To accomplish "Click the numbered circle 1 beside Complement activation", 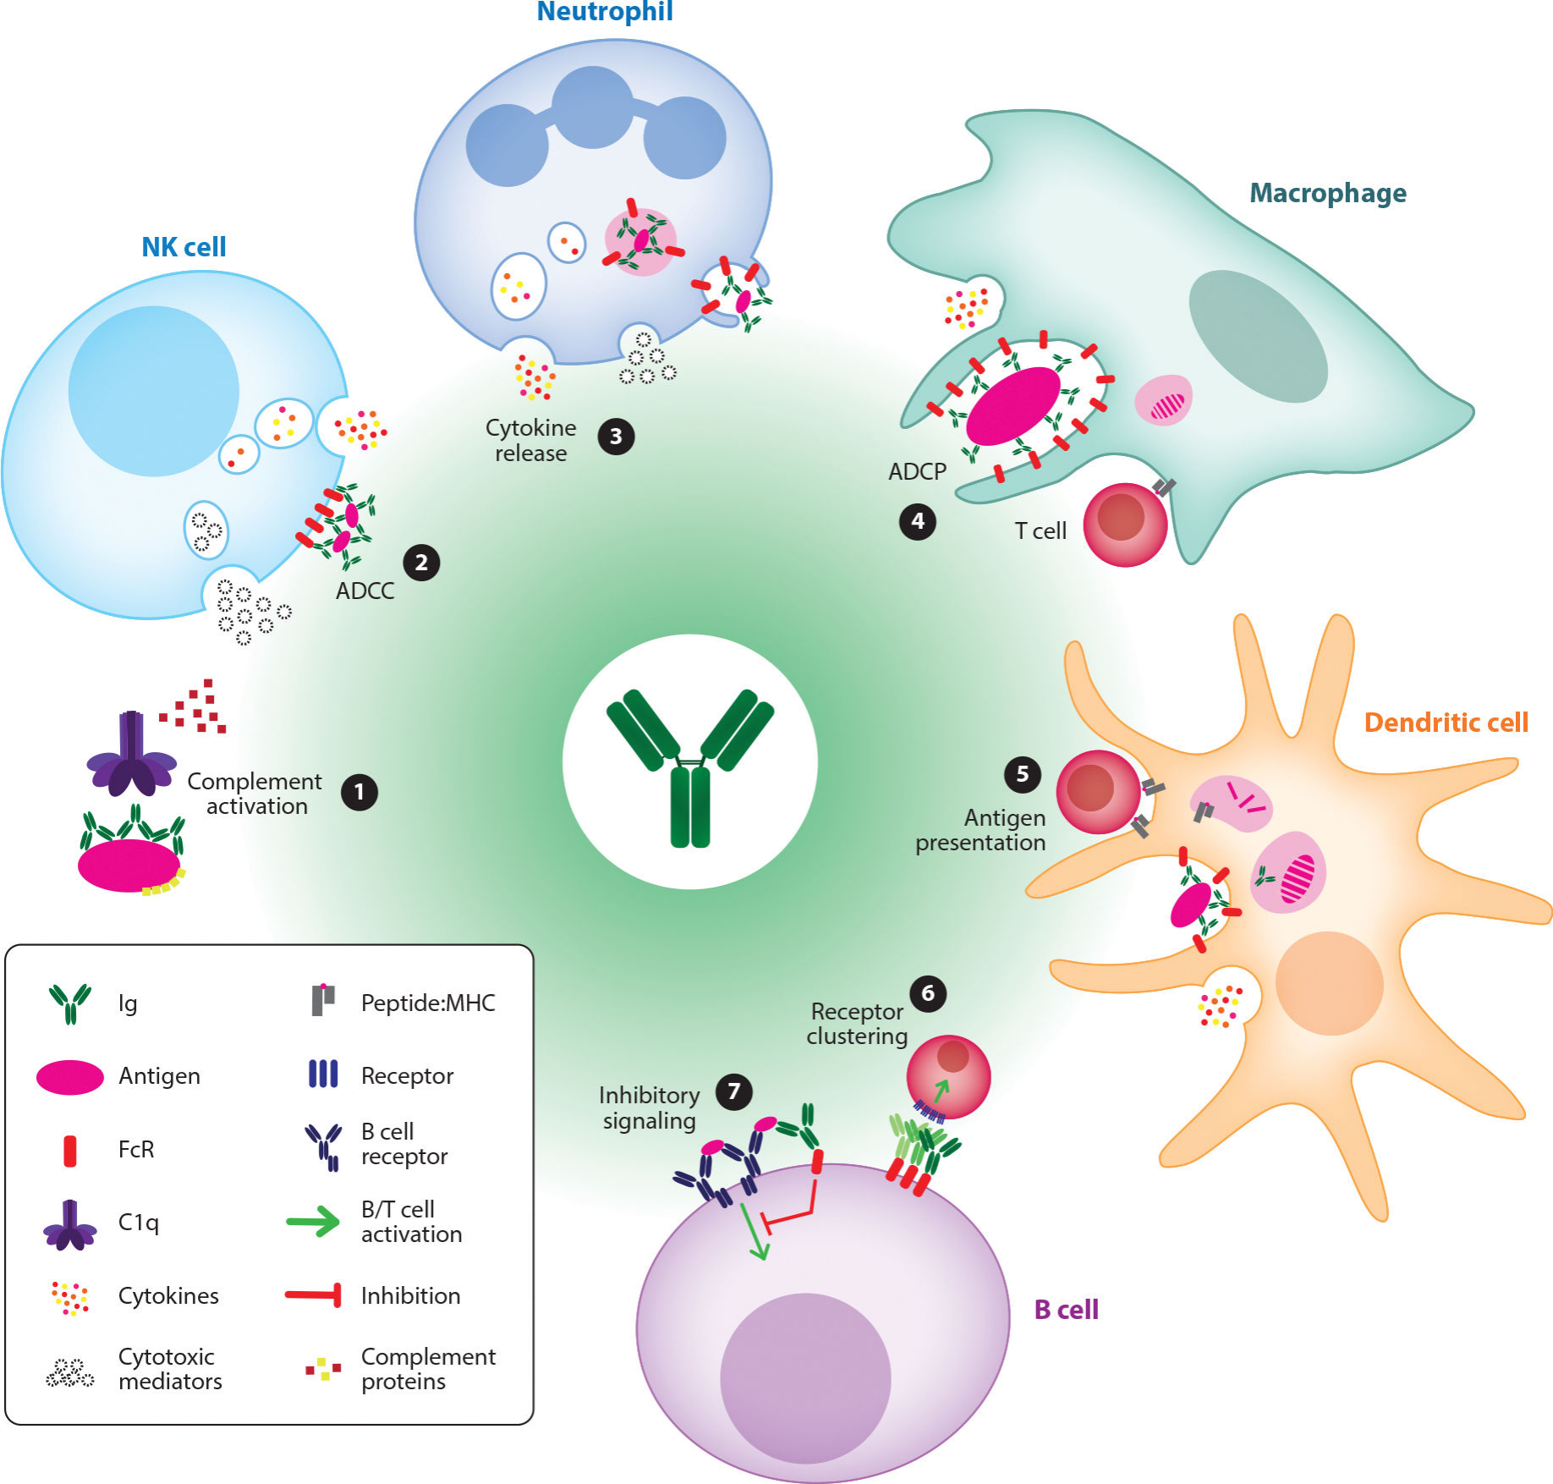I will coord(359,793).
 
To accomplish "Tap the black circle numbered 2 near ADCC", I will coord(421,563).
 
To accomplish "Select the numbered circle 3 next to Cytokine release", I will coord(616,437).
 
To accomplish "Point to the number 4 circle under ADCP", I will coord(917,521).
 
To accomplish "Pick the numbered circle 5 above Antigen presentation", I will coord(1022,774).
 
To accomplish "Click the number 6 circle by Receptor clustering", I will coord(928,993).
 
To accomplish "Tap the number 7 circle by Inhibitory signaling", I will coord(733,1091).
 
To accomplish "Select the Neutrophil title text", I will coord(605,12).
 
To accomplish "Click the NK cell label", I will coord(184,247).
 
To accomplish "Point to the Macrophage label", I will coord(1327,193).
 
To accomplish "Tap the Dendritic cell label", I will coord(1446,723).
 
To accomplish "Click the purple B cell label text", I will coord(1066,1310).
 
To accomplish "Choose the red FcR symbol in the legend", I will coord(70,1151).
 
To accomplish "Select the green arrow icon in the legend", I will coord(313,1222).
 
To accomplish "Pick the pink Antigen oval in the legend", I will coord(70,1077).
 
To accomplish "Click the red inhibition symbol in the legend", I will coord(314,1294).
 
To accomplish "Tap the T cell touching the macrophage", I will coord(1124,525).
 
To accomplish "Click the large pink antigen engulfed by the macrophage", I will coord(1013,406).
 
